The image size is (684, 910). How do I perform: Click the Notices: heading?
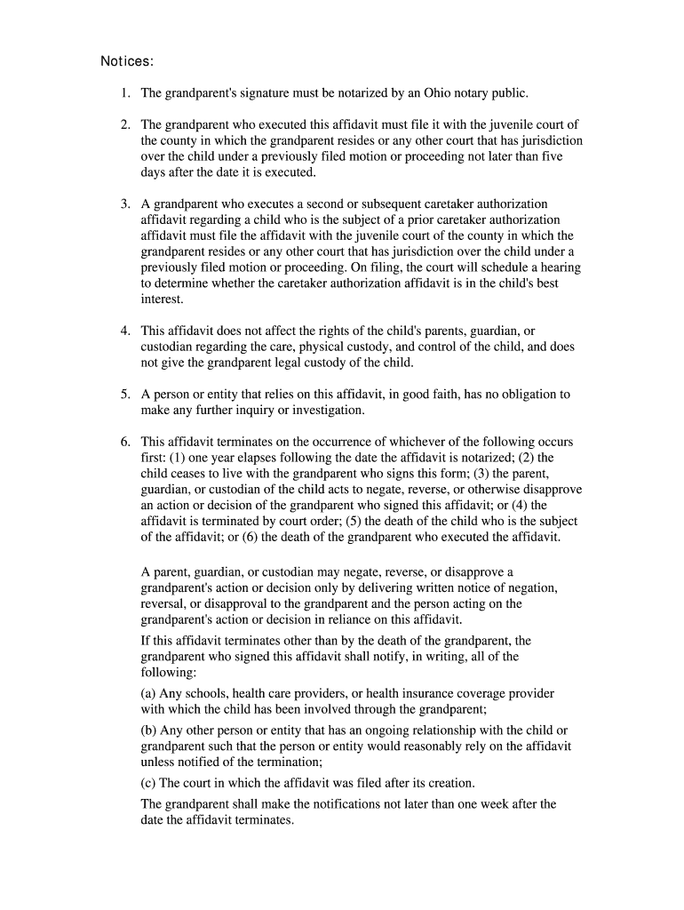tap(127, 61)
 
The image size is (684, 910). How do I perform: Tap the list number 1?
tap(125, 92)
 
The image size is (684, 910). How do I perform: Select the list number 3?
tap(125, 204)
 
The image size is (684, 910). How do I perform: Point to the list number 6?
tap(125, 442)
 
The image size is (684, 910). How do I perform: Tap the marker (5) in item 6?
tap(395, 521)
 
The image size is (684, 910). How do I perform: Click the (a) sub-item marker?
tap(149, 693)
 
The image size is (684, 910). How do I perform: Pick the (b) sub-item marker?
tap(149, 730)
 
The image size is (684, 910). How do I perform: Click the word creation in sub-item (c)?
tap(449, 783)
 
